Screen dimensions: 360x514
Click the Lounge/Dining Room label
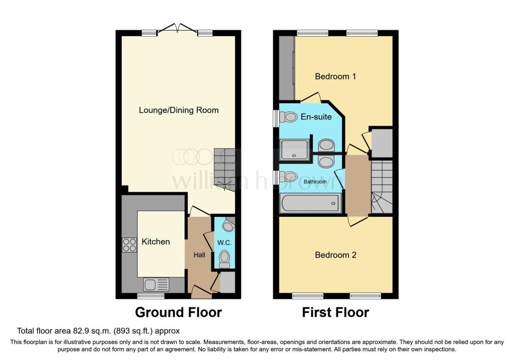pos(179,110)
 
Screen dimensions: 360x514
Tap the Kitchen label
pos(156,242)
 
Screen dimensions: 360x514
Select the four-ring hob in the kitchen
pos(129,245)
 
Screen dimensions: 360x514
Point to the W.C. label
pos(224,243)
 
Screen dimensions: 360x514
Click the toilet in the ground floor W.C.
pos(224,259)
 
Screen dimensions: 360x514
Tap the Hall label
pos(199,255)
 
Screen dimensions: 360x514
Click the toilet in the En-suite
pos(288,117)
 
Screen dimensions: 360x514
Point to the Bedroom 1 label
pos(335,76)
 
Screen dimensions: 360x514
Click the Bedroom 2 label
pos(335,255)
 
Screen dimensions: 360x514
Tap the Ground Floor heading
pos(178,312)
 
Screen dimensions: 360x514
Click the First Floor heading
pos(335,312)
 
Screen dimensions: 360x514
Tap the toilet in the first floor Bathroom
pos(288,177)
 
